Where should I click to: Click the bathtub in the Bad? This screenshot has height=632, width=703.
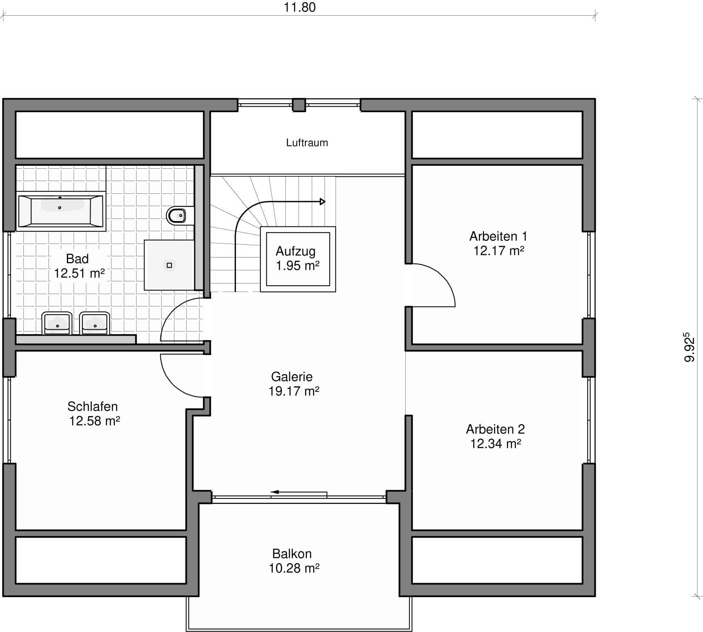click(x=61, y=211)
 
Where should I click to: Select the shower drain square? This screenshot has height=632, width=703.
click(x=169, y=265)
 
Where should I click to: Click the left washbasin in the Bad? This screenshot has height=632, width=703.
click(x=57, y=323)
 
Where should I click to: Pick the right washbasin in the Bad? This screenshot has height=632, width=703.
click(x=95, y=323)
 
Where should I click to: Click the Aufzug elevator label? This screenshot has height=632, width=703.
click(x=296, y=251)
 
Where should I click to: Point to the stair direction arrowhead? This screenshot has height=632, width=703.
click(x=323, y=201)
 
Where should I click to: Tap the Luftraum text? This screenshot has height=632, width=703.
click(x=307, y=143)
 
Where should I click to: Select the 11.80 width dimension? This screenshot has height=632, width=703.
click(x=300, y=8)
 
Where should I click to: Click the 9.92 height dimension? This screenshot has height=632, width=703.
click(x=689, y=347)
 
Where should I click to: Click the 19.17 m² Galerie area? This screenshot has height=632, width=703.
click(x=294, y=391)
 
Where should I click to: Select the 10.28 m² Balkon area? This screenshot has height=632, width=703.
click(x=294, y=568)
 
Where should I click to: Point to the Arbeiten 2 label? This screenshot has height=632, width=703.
click(x=495, y=429)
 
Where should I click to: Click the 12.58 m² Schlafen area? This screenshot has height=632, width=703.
click(x=94, y=421)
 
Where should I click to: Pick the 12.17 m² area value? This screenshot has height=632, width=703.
click(x=499, y=251)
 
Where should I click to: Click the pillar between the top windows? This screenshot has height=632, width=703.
click(x=299, y=105)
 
